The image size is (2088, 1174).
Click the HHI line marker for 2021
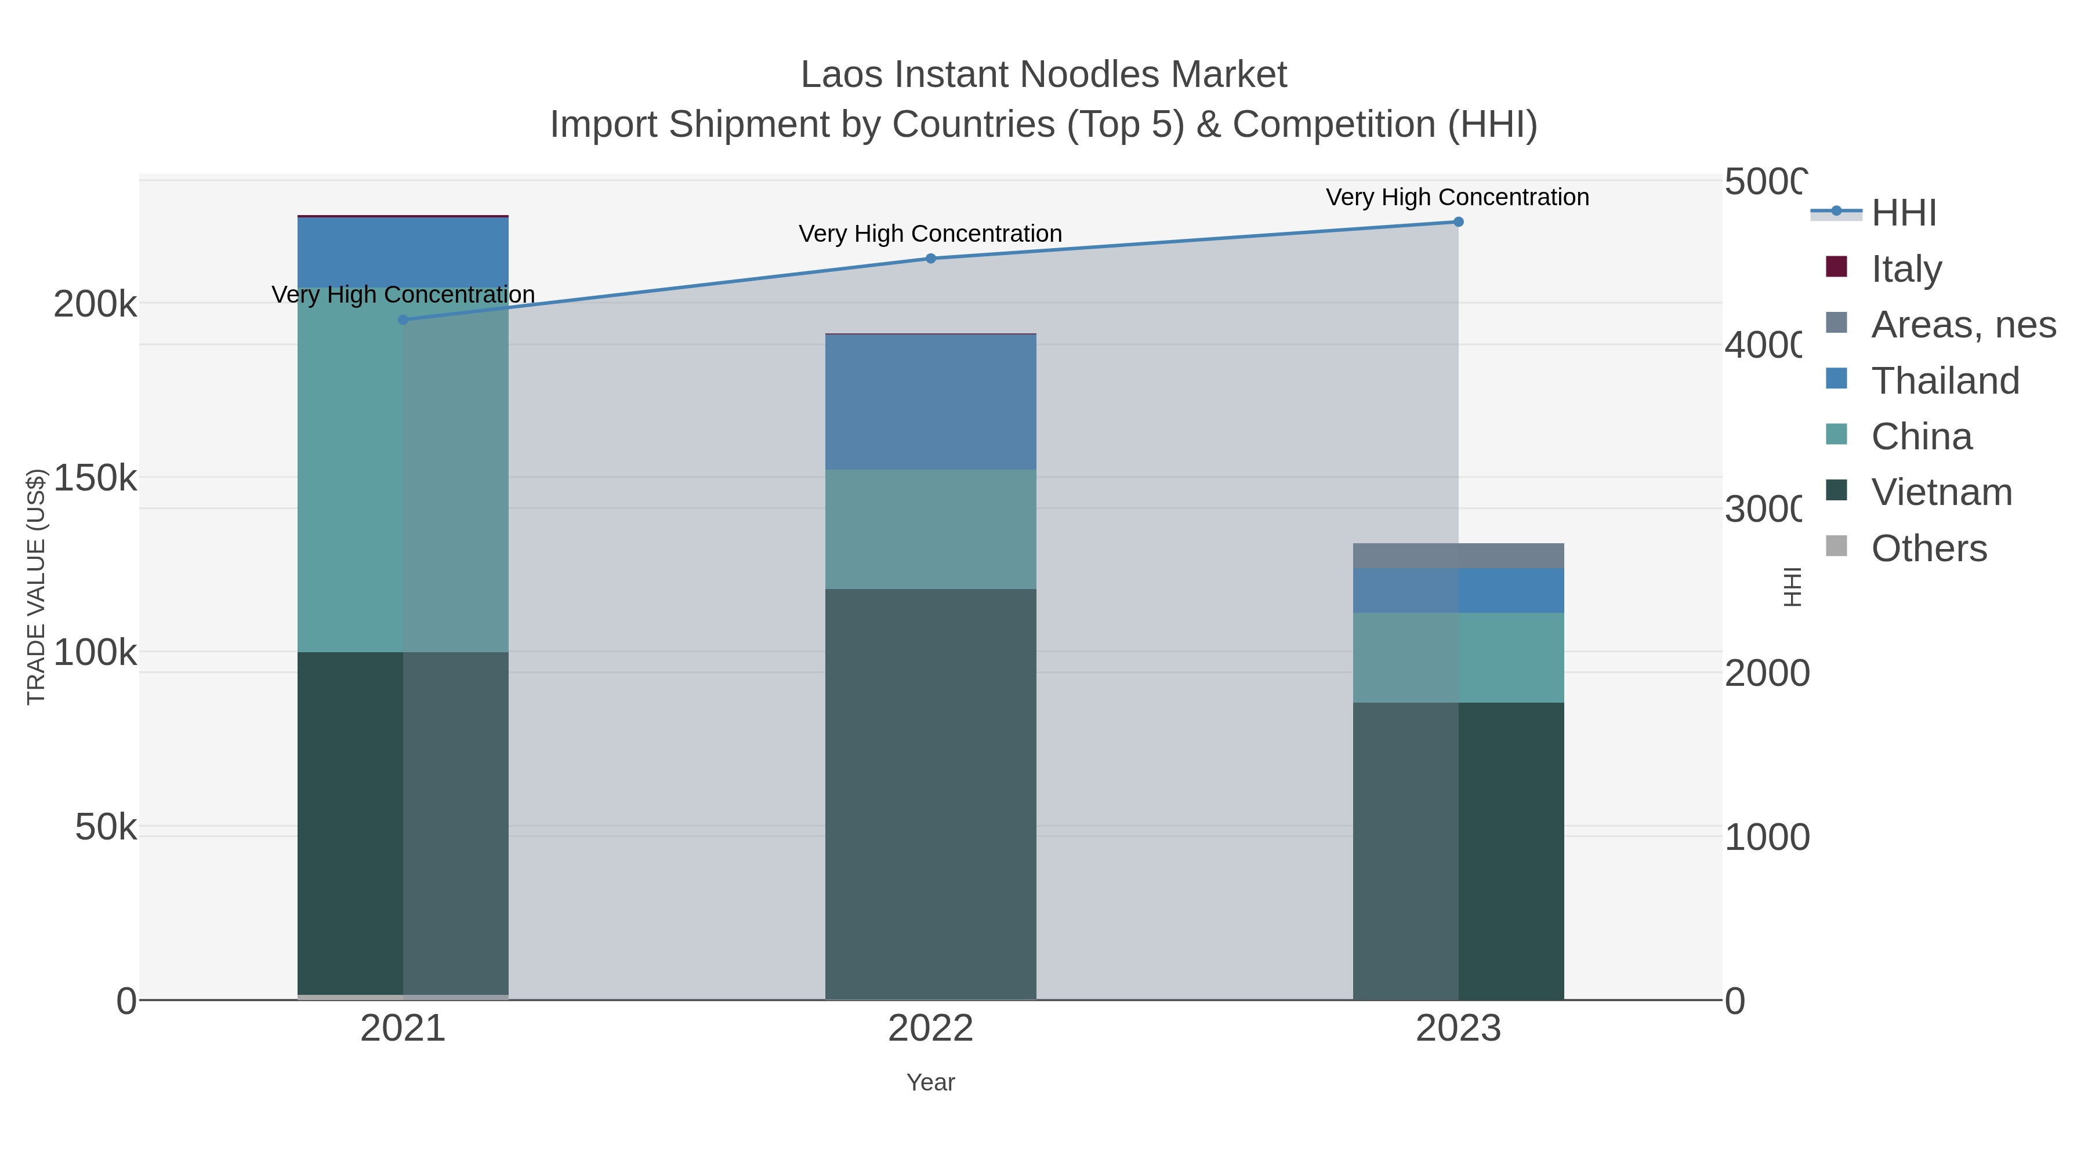coord(403,320)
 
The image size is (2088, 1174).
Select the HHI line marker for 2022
coord(930,259)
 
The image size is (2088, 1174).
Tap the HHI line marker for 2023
coord(1458,222)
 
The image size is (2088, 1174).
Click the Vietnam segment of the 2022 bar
coord(930,794)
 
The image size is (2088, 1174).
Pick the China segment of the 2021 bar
coord(403,470)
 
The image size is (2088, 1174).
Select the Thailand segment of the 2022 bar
coord(930,402)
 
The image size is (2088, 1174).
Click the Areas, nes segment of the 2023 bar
coord(1458,556)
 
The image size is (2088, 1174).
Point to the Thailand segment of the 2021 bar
coord(403,252)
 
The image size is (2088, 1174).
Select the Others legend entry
coord(1928,548)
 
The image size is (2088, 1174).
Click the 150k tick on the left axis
coord(95,478)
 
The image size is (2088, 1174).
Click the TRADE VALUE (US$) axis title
coord(35,587)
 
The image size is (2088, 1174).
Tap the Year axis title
coord(930,1082)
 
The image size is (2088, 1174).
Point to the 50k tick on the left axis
coord(106,827)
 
